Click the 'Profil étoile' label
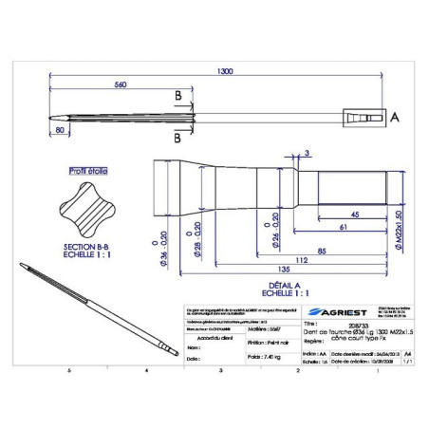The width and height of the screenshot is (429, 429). pyautogui.click(x=87, y=172)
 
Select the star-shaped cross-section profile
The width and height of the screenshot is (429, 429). pyautogui.click(x=88, y=209)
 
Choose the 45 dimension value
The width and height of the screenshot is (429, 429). pyautogui.click(x=352, y=214)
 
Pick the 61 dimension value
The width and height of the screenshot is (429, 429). pyautogui.click(x=342, y=228)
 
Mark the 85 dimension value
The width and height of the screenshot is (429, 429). pyautogui.click(x=324, y=251)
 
